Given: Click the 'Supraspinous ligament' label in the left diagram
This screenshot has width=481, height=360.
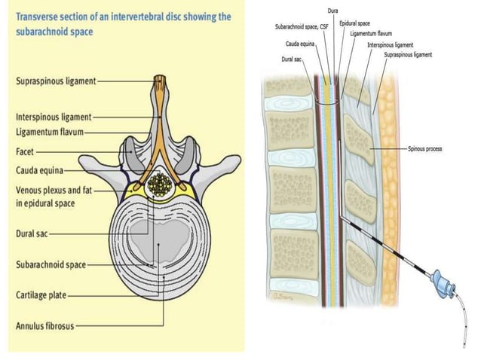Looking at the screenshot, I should pyautogui.click(x=55, y=81).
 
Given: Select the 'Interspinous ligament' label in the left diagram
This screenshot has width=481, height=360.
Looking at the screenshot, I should pyautogui.click(x=54, y=117).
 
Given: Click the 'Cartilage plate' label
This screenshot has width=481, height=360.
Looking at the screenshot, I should pyautogui.click(x=41, y=296).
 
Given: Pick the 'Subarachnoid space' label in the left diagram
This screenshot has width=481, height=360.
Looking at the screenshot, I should pyautogui.click(x=51, y=265).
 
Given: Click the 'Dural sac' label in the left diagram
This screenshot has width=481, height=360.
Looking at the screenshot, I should pyautogui.click(x=32, y=234).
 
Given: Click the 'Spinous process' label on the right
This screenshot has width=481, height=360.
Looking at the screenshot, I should pyautogui.click(x=426, y=149).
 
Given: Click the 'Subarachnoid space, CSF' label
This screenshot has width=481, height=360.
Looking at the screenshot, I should pyautogui.click(x=302, y=27).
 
